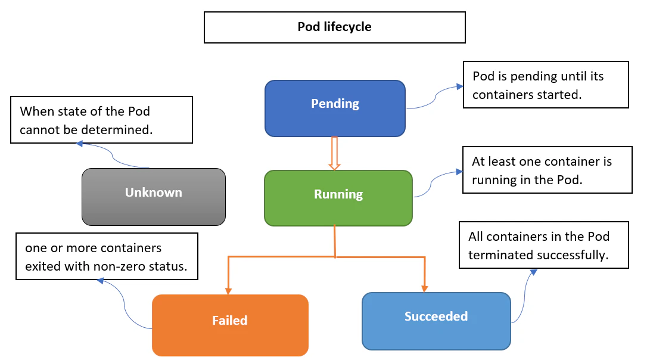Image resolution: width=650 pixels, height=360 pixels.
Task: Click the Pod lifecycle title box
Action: click(x=334, y=27)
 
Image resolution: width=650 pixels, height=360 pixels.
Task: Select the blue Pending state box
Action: click(x=335, y=108)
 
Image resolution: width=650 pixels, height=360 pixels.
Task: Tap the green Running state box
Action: click(x=338, y=198)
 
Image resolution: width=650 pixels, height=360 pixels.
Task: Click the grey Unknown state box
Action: click(x=153, y=196)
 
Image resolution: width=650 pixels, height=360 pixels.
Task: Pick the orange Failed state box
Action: click(x=230, y=325)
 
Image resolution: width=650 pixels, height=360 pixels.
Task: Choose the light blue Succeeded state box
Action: click(x=436, y=320)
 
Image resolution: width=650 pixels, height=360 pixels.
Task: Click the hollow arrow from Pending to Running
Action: click(x=334, y=153)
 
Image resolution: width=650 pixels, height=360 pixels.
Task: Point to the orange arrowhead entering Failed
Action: click(x=228, y=290)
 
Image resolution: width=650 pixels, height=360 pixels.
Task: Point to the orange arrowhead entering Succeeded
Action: click(x=424, y=288)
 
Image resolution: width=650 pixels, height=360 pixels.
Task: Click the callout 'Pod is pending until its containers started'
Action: click(x=545, y=84)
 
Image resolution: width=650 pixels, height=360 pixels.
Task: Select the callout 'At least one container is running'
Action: click(x=547, y=170)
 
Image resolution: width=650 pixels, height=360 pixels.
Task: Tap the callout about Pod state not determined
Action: click(x=101, y=120)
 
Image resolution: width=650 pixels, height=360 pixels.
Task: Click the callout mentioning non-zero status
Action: click(x=106, y=256)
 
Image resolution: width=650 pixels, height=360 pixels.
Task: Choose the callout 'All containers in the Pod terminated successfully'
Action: click(x=543, y=245)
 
